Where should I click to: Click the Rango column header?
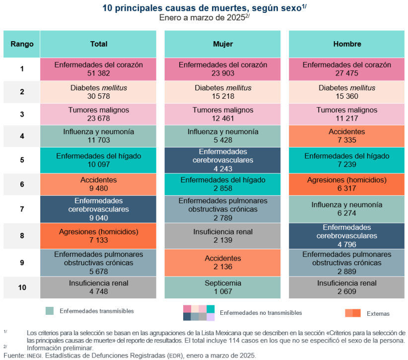click(x=22, y=44)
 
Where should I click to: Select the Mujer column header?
click(x=223, y=44)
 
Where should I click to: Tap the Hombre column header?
click(x=347, y=44)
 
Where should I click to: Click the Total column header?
click(x=99, y=44)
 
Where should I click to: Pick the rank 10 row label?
click(x=22, y=288)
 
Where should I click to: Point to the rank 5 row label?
click(x=22, y=160)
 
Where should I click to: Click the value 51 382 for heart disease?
click(x=99, y=73)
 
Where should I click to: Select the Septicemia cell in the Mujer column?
click(x=223, y=288)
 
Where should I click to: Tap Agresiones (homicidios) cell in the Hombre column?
click(x=347, y=184)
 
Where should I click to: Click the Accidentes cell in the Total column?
click(x=99, y=184)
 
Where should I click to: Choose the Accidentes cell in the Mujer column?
click(x=223, y=263)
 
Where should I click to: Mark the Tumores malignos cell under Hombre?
click(x=347, y=114)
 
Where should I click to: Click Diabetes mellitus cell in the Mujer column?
click(x=223, y=92)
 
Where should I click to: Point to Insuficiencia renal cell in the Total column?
click(x=99, y=288)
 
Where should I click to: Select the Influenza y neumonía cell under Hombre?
click(x=347, y=209)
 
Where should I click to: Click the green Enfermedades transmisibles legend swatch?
click(x=49, y=311)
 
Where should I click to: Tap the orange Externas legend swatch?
click(x=353, y=313)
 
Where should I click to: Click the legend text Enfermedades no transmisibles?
click(x=261, y=313)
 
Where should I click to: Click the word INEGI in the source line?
click(x=34, y=356)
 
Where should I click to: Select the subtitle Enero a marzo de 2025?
click(x=204, y=17)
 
